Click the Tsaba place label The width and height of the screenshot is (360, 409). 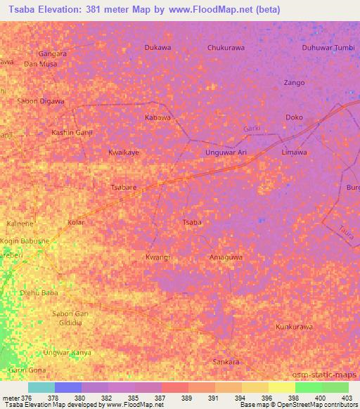pos(192,223)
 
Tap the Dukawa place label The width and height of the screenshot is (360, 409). pos(157,48)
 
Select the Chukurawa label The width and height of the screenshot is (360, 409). pos(226,48)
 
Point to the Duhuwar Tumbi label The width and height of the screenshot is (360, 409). pos(328,48)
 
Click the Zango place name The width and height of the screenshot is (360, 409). pos(294,82)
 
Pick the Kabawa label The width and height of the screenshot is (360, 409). pos(157,117)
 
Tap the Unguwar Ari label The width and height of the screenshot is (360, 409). pos(226,152)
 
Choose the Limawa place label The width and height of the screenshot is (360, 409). pos(294,152)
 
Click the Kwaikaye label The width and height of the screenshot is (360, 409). pos(124,152)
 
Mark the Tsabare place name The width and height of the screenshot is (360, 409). pos(124,188)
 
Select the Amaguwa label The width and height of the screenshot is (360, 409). pos(226,257)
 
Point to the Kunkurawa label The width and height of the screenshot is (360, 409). pos(294,327)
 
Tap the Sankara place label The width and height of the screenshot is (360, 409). pos(226,362)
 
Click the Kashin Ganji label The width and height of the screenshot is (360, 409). pos(72,132)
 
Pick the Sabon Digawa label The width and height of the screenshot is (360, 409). pos(41,101)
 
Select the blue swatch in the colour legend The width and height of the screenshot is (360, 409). pos(68,387)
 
